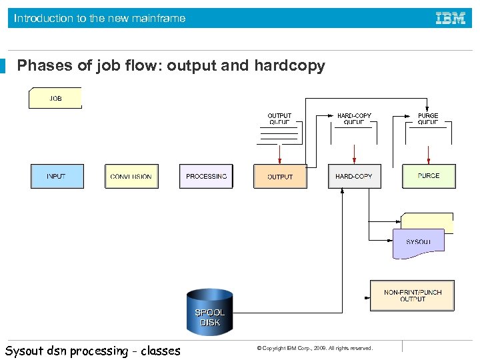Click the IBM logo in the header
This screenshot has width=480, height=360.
[x=451, y=18]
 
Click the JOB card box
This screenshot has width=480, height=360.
[x=55, y=98]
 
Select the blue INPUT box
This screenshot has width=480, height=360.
[x=57, y=176]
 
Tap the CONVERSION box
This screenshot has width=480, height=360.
[x=131, y=177]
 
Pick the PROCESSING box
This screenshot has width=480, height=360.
[x=206, y=176]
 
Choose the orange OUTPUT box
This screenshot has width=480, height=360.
[x=280, y=177]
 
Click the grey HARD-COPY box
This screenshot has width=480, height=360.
[x=354, y=177]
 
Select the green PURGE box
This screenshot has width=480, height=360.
[x=429, y=176]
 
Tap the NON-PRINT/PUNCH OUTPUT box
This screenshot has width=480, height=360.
[x=413, y=295]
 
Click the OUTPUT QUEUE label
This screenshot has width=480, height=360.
[x=279, y=119]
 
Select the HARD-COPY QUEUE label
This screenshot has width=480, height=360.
[x=354, y=119]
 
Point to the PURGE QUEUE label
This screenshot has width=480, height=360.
[x=428, y=119]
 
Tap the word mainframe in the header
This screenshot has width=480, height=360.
[x=157, y=18]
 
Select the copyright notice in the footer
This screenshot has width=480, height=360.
[x=315, y=348]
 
